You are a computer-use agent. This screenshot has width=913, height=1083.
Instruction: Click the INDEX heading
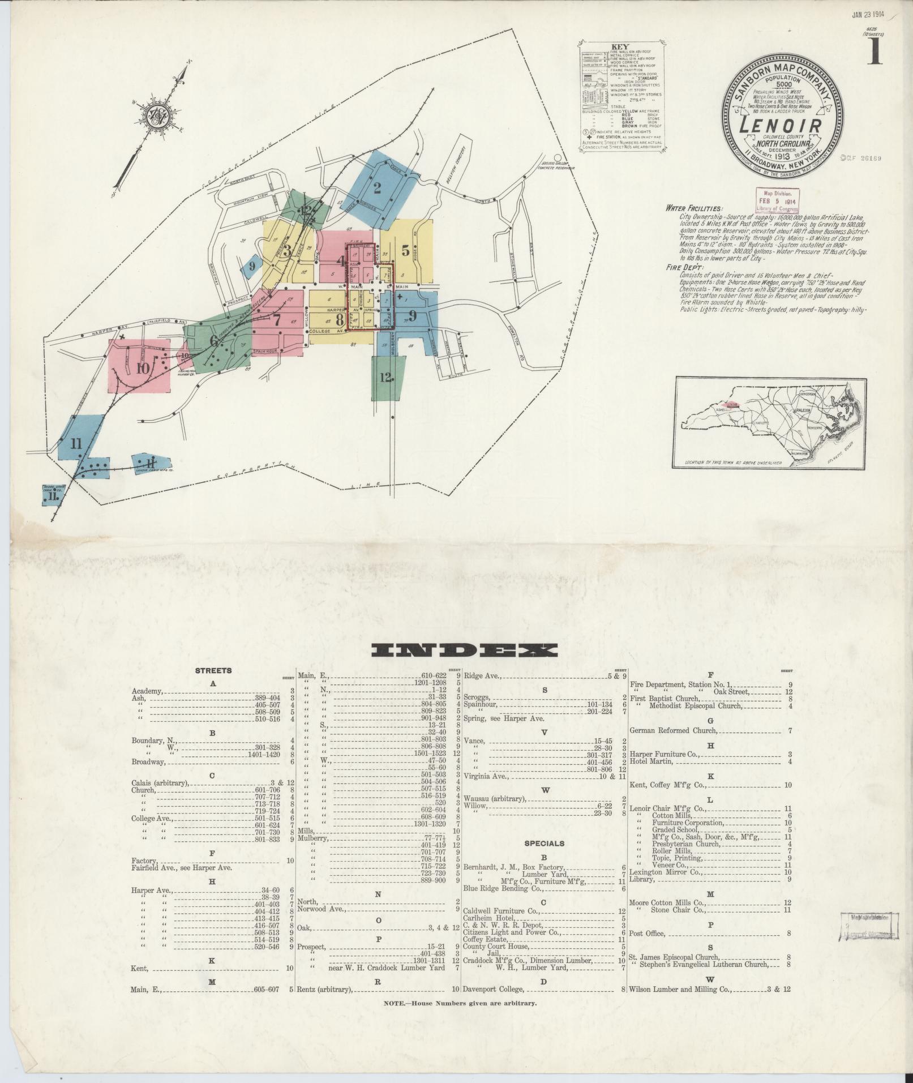[464, 650]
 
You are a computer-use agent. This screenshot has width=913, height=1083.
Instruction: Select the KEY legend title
[621, 47]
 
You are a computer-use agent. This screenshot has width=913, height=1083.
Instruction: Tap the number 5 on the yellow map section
[405, 250]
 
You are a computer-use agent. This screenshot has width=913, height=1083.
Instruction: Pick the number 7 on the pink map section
[277, 320]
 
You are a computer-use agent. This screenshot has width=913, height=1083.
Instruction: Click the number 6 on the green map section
[214, 341]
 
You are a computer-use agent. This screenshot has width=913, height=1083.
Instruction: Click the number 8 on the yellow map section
[340, 319]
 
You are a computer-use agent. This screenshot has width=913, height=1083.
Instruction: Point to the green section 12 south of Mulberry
[387, 377]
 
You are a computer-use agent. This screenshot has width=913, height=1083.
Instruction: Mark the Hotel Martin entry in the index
[651, 761]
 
